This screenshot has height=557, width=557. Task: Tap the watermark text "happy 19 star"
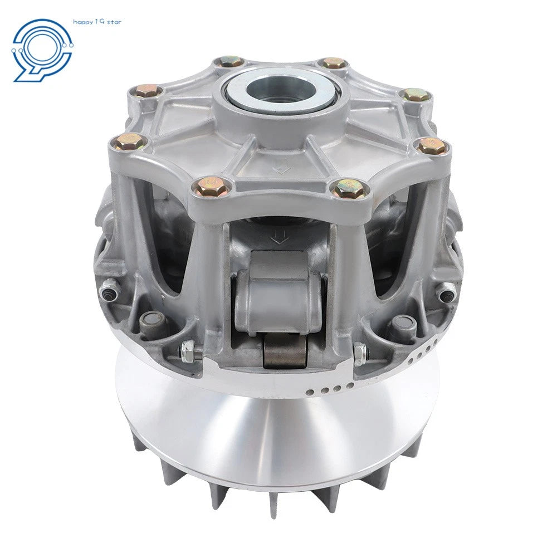click(x=97, y=22)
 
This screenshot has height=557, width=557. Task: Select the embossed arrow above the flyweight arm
click(x=279, y=237)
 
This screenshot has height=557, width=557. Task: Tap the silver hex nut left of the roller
click(x=188, y=351)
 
